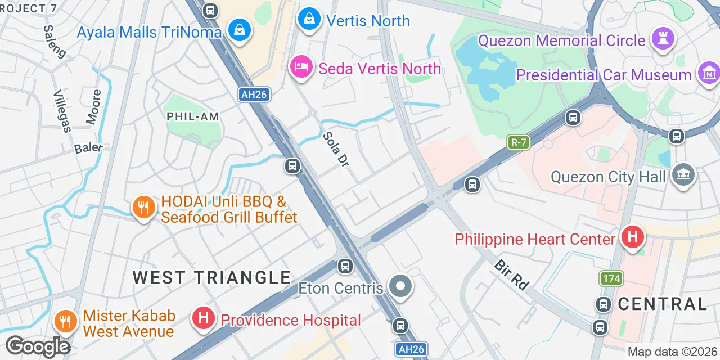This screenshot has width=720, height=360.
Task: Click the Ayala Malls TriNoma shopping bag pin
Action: (240, 30)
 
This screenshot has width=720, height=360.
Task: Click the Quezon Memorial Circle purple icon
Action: (663, 39)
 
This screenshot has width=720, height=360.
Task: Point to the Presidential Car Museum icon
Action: (708, 73)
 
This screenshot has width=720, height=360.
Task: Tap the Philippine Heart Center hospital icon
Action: (632, 237)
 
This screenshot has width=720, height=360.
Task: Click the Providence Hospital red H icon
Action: (204, 318)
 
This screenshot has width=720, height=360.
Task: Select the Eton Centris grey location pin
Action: (400, 286)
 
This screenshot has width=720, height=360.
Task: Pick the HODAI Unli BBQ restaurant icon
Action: (144, 208)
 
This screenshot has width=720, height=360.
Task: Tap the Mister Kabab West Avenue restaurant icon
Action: (66, 321)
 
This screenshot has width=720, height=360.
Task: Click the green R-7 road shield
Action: (519, 142)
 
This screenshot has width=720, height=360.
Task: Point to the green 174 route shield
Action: (611, 278)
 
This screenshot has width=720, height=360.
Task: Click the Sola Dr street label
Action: (336, 149)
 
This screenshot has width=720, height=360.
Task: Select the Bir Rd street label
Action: (512, 275)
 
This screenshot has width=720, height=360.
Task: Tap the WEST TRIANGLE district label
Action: (212, 277)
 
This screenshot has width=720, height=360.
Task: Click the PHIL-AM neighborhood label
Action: (193, 116)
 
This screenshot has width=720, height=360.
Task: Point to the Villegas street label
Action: (62, 111)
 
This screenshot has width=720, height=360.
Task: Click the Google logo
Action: (38, 346)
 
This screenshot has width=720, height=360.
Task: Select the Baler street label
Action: (89, 148)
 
